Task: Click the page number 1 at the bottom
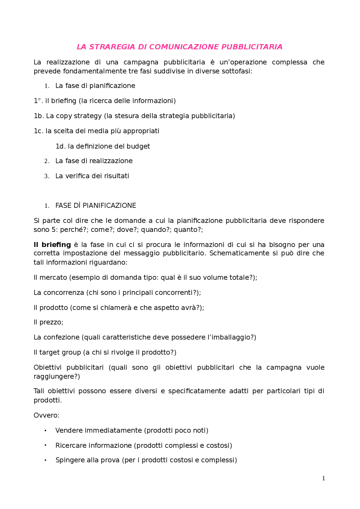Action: click(323, 478)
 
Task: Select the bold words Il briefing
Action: click(52, 245)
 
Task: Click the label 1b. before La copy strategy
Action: click(39, 116)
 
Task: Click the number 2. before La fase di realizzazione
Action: click(47, 161)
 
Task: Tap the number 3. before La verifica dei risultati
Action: click(47, 177)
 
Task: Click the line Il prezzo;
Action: click(48, 322)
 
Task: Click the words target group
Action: click(60, 353)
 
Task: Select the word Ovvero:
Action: click(46, 415)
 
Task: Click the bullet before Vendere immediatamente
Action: click(45, 431)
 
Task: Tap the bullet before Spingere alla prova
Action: click(45, 460)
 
